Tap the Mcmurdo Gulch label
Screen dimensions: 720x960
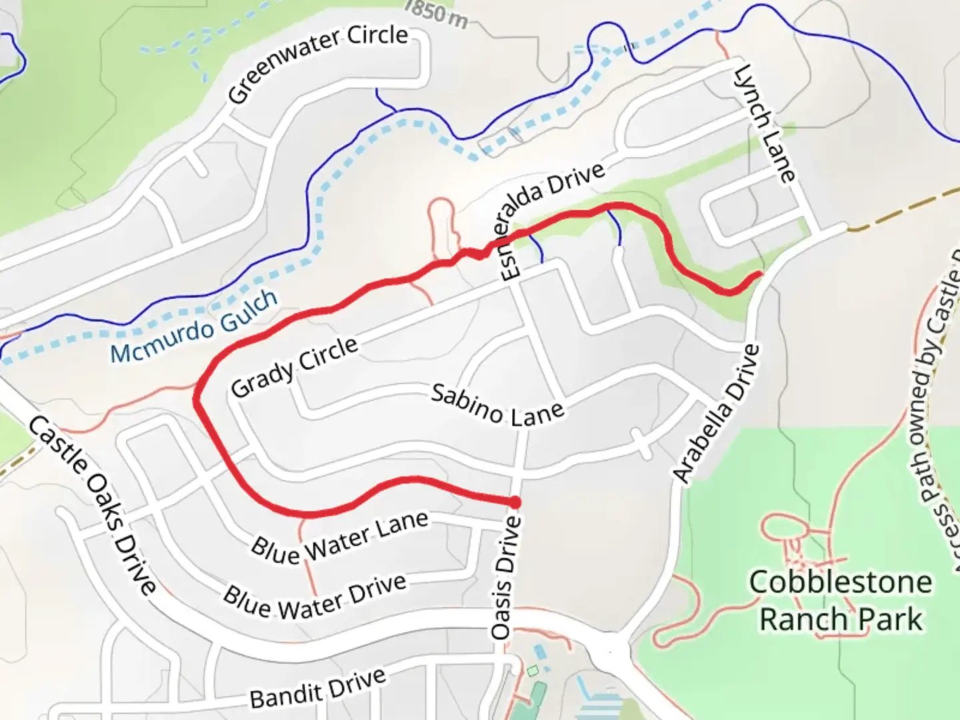coord(194,327)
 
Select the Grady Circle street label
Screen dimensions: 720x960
coord(294,367)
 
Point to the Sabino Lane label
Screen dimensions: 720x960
coord(497,405)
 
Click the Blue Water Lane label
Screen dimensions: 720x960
coord(339,538)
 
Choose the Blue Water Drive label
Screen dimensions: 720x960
coord(315,597)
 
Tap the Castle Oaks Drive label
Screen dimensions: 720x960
coord(93,505)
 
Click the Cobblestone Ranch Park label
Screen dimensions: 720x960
coord(841,601)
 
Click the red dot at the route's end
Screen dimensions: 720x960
coord(515,501)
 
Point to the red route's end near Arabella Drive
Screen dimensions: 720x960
coord(759,274)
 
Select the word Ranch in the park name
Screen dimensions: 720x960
coord(803,619)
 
